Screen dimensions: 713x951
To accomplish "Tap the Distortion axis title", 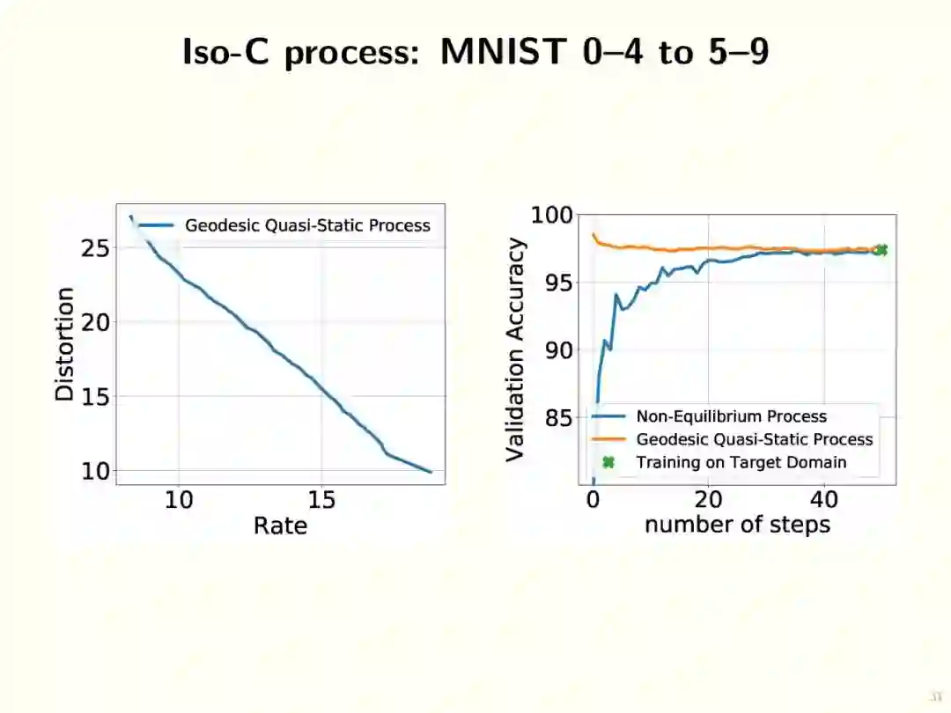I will tap(65, 344).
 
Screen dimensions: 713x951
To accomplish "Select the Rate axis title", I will tap(280, 526).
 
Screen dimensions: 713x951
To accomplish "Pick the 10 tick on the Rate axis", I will tap(179, 500).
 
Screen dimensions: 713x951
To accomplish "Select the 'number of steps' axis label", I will tap(737, 525).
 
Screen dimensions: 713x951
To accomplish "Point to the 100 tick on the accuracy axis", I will tap(552, 216).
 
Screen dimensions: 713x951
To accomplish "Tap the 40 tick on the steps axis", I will tap(823, 500).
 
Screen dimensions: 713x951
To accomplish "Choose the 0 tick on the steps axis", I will tap(593, 500).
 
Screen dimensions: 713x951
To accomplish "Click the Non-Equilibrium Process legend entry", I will tap(731, 416).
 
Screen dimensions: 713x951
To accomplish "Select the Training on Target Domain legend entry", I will tap(741, 462).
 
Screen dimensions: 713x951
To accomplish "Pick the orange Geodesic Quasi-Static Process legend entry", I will tap(754, 439).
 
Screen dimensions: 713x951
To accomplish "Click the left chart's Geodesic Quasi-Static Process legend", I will tap(306, 225).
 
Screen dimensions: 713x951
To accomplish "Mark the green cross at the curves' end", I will tap(880, 250).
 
